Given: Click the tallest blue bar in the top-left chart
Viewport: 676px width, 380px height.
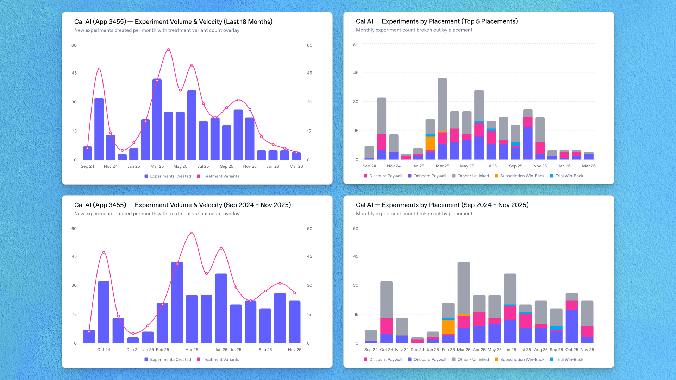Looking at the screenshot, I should (x=157, y=120).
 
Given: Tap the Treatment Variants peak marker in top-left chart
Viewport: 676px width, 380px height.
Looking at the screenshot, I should (x=169, y=50).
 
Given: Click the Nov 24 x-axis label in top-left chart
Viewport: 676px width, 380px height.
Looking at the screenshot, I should (x=111, y=166).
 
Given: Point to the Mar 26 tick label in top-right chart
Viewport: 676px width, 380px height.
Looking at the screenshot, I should (x=589, y=166).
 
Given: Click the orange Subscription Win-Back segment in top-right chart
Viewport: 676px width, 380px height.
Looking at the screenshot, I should (x=430, y=143).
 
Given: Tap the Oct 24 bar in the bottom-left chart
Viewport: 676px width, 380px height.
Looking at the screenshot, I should (x=104, y=312).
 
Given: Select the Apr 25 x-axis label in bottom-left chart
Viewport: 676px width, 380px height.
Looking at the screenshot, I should (x=192, y=350).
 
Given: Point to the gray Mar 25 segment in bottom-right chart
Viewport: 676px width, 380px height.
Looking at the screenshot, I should (x=464, y=288).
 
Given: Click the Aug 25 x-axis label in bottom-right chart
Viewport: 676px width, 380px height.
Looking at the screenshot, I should (x=541, y=350).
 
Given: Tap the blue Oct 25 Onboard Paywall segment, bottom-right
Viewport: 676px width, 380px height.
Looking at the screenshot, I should (x=572, y=327).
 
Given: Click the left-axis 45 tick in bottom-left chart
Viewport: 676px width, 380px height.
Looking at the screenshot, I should (x=74, y=256).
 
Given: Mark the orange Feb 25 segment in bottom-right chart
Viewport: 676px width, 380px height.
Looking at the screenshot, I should (x=448, y=327).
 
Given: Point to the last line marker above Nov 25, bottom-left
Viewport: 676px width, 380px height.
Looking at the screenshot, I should (x=295, y=293).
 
